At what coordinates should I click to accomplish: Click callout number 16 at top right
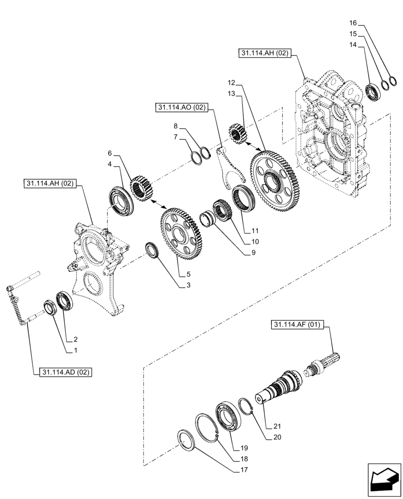pyautogui.click(x=353, y=23)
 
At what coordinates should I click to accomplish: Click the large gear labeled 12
pyautogui.click(x=274, y=179)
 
